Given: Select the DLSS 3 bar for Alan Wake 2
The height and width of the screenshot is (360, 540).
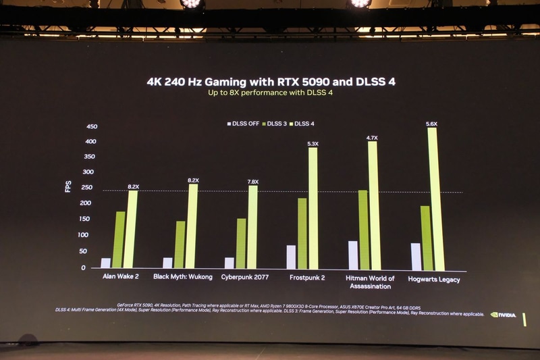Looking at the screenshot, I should (119, 240).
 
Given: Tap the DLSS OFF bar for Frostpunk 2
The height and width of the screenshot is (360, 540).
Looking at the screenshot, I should (291, 257).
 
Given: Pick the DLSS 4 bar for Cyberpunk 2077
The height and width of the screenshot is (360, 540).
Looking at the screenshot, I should (252, 227).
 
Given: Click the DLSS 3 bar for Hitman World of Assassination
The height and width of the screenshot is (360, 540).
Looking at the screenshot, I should (364, 230).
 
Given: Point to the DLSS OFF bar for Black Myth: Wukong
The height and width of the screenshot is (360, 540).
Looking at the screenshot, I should (167, 263).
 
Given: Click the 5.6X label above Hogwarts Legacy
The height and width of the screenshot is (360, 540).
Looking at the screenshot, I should (432, 124).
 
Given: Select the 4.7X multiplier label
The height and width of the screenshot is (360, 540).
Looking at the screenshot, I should (372, 138).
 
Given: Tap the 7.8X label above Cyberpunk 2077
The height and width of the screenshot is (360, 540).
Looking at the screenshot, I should (252, 182).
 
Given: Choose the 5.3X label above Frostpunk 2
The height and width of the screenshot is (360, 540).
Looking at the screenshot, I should (313, 144).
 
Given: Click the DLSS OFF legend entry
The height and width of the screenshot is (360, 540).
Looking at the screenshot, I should (242, 124).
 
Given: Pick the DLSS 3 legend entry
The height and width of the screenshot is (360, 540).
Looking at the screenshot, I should (276, 124).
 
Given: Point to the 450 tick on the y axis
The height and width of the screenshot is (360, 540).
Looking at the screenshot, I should (92, 127).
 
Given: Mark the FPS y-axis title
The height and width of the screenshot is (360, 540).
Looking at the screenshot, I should (67, 186).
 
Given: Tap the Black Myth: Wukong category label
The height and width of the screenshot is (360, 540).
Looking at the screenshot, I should (183, 277).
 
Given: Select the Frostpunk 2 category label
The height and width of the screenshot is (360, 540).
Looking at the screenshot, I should (308, 277).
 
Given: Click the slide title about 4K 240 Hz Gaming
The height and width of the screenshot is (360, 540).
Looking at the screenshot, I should (271, 82).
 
